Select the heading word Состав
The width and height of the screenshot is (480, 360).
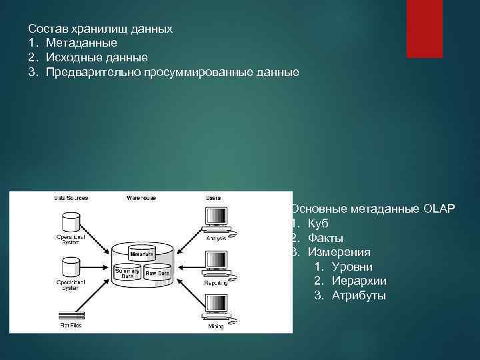tap(47, 29)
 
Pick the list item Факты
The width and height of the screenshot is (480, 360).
tap(325, 238)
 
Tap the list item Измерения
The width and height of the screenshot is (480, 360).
tap(338, 253)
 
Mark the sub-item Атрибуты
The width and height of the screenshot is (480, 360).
tap(359, 296)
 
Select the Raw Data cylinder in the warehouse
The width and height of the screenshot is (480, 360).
tap(157, 274)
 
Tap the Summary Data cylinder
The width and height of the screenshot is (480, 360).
tap(127, 274)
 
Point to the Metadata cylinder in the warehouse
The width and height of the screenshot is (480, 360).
tap(142, 254)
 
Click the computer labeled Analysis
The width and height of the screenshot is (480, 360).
tap(216, 219)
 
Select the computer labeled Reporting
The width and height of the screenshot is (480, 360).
tap(216, 264)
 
